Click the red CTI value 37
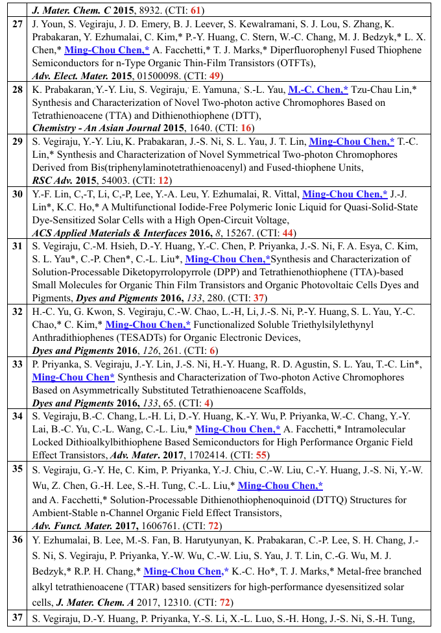coord(260,297)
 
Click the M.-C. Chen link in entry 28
coord(318,90)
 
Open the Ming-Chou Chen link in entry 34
coord(238,428)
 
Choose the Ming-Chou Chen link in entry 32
coord(148,325)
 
